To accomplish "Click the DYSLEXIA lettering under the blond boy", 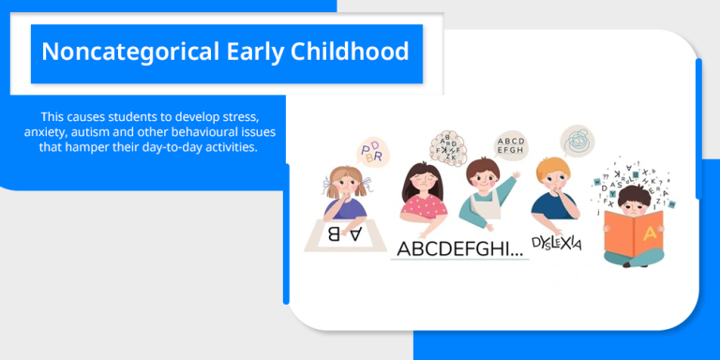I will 557,243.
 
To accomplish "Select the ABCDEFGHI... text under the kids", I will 457,248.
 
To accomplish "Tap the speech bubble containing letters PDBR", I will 371,151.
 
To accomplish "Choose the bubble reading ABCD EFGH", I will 511,145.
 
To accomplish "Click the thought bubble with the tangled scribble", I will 577,142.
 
